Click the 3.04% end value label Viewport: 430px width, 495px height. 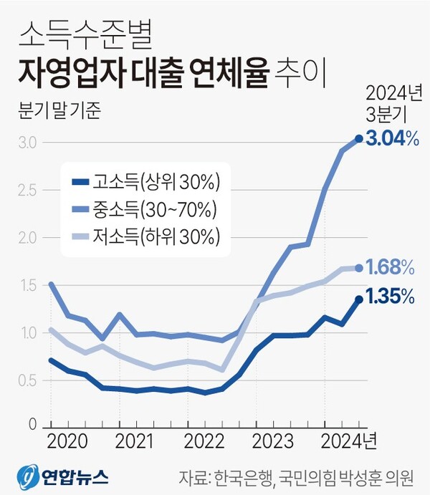392,139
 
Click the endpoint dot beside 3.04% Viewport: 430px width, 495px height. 359,139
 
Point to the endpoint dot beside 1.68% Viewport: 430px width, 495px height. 359,268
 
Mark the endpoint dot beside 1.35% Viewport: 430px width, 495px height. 359,299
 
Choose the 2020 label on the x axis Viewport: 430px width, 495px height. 67,439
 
